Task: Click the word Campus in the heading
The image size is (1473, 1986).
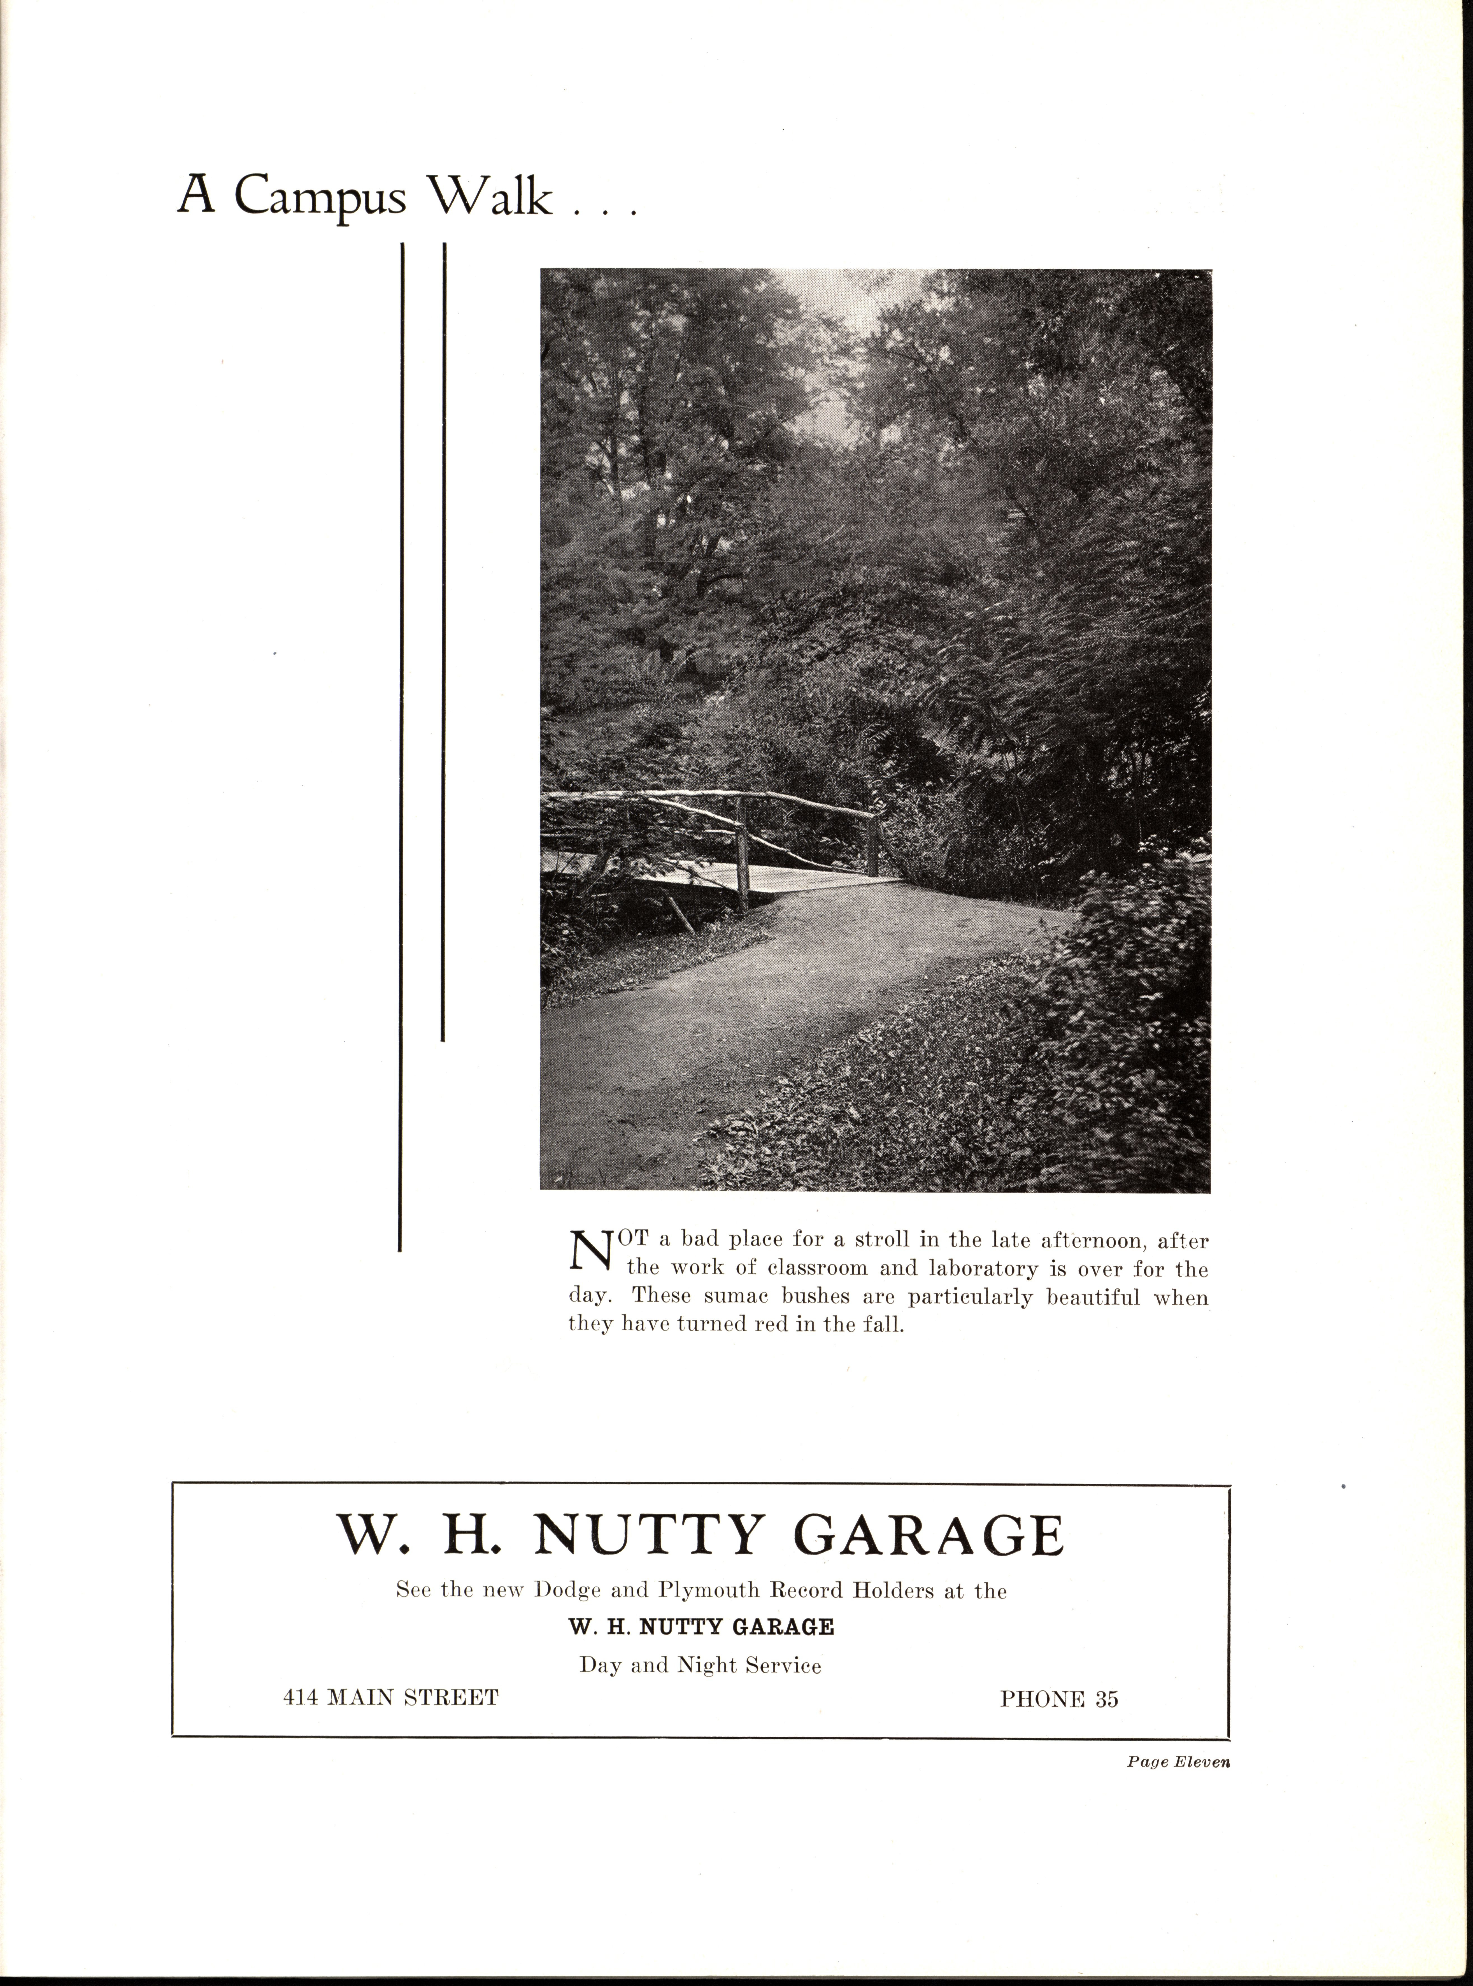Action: coord(319,197)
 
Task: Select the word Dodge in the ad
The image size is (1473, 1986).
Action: coord(567,1591)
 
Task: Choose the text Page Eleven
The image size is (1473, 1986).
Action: coord(1178,1762)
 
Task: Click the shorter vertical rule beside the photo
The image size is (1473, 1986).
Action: coord(443,642)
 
